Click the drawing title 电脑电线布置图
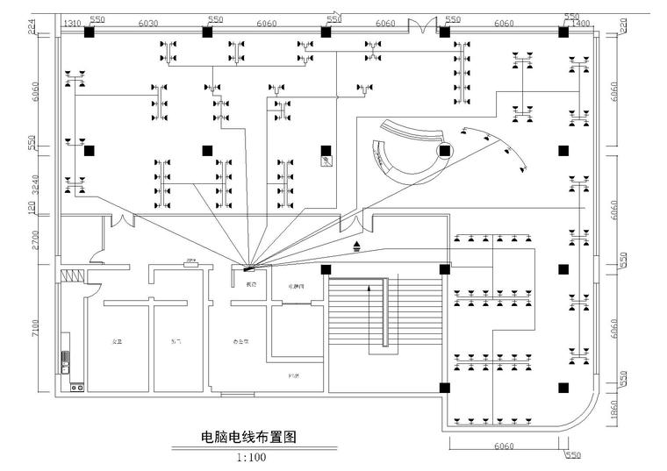click(x=243, y=437)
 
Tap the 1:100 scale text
click(x=251, y=457)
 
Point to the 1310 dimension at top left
click(x=72, y=23)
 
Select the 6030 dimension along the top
click(x=148, y=23)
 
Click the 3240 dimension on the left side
click(x=34, y=185)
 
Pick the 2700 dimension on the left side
click(x=34, y=239)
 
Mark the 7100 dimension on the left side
click(x=34, y=329)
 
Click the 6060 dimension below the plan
click(x=504, y=446)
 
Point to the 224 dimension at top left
click(x=34, y=27)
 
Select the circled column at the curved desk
click(x=445, y=151)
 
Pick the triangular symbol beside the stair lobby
click(x=355, y=246)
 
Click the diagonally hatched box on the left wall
click(x=72, y=275)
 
